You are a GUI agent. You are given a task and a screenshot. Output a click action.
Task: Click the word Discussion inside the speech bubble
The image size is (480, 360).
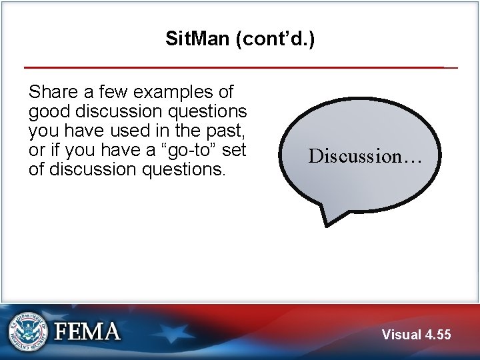click(x=353, y=156)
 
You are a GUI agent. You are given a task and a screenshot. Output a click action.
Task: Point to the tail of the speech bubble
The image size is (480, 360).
click(x=331, y=217)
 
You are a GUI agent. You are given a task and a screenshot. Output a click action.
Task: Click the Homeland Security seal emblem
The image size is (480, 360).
click(x=28, y=331)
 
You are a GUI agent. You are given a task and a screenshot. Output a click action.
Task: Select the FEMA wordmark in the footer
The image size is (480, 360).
click(x=87, y=331)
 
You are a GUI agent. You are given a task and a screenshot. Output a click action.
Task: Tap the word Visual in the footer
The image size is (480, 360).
click(x=401, y=335)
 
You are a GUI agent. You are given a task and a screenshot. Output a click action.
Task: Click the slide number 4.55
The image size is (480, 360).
click(x=437, y=335)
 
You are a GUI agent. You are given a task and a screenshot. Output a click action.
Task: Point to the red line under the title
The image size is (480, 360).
click(x=233, y=67)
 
